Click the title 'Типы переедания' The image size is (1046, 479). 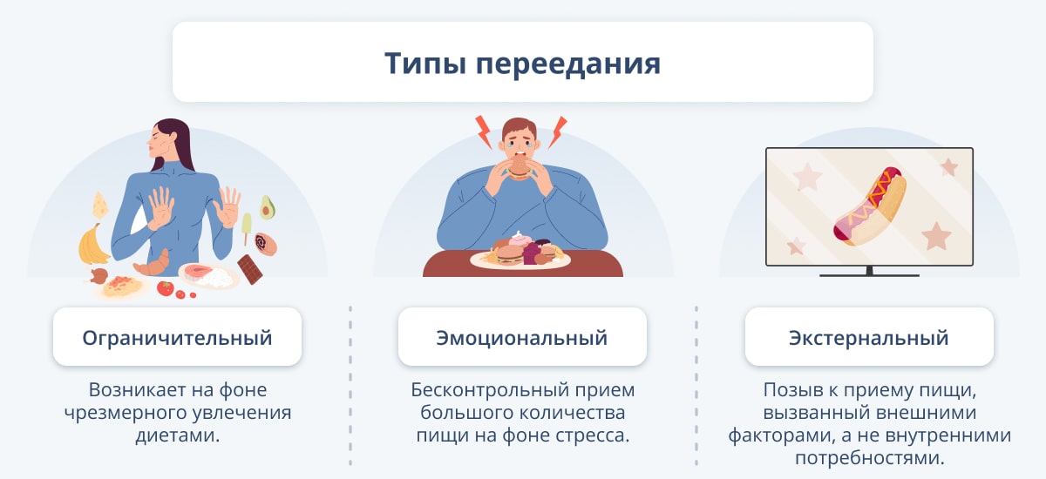tap(522, 63)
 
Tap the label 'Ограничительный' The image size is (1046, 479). tap(177, 338)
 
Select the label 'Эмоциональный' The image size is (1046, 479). tap(522, 338)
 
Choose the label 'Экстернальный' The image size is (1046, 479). tap(868, 338)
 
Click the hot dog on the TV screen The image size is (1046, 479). tap(870, 206)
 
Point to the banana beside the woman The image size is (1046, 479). tap(92, 245)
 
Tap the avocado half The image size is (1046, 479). tap(267, 207)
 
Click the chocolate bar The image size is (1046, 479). tap(250, 269)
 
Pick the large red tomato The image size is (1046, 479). tap(166, 287)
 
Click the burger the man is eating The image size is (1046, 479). tap(520, 167)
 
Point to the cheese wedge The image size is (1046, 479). tap(100, 206)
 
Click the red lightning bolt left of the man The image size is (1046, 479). tap(484, 132)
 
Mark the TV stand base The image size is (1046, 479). tap(869, 274)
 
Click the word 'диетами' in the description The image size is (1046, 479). tap(178, 435)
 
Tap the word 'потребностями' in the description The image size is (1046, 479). tap(870, 458)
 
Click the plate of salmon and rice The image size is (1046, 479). tap(208, 276)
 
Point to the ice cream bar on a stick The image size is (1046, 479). tap(247, 227)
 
